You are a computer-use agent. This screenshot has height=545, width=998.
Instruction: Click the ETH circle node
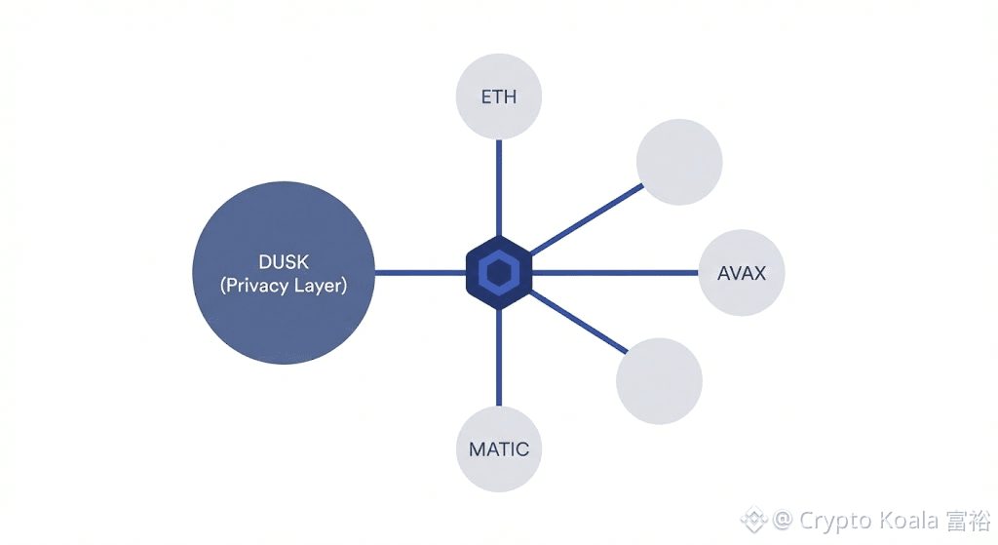[x=499, y=97]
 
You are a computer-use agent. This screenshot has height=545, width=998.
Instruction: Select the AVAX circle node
[x=742, y=273]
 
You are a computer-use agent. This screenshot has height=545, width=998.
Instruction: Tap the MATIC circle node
[x=499, y=449]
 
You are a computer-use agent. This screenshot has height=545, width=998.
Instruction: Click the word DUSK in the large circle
[x=285, y=261]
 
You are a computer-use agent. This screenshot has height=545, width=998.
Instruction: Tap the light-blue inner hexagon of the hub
[x=499, y=273]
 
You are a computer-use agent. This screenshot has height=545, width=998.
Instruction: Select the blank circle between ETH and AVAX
[x=678, y=162]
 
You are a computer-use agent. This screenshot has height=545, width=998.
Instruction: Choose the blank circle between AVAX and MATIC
[x=659, y=380]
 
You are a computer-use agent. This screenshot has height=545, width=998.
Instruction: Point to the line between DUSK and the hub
[x=419, y=273]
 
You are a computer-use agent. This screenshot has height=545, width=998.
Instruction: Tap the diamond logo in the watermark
[x=753, y=520]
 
